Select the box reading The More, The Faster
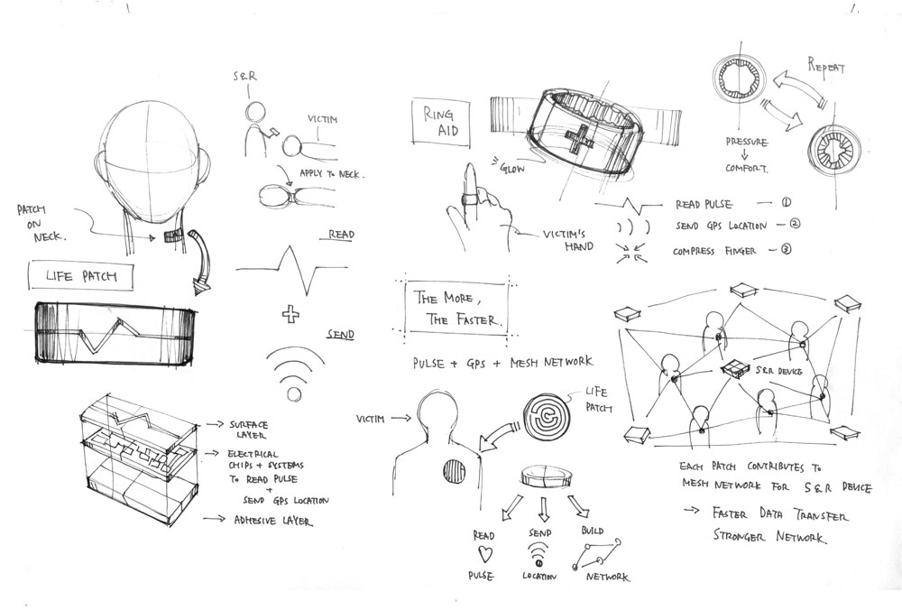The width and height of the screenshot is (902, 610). click(457, 308)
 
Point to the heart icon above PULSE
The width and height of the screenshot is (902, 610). click(483, 551)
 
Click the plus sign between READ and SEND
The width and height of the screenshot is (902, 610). click(290, 316)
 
